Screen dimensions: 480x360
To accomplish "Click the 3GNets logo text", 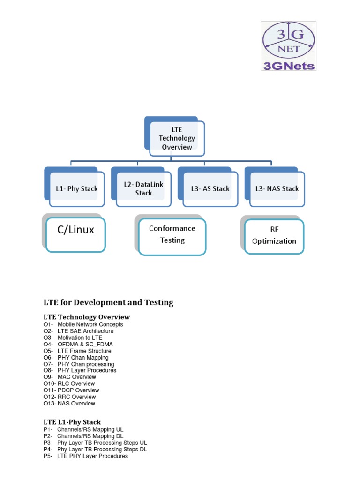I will [x=289, y=66].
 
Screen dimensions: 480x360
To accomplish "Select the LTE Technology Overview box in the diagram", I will [x=176, y=138].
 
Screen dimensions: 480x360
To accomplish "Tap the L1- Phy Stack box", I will [x=74, y=188].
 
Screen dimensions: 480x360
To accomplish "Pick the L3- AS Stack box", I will [x=210, y=188].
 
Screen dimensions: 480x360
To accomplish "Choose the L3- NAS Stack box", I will [x=277, y=188].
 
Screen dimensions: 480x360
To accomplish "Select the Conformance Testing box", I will [x=172, y=234].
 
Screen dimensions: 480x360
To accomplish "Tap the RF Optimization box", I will [x=274, y=236].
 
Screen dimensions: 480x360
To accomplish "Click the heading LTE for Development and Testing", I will [x=108, y=303].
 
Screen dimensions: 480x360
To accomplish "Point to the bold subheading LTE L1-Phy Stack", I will [x=72, y=422].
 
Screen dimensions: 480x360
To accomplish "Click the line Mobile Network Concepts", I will [x=90, y=324].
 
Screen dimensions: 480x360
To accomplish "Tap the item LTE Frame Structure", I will [x=84, y=351].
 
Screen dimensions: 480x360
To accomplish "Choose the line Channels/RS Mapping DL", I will [x=90, y=436].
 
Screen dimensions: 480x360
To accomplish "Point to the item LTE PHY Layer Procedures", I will [x=92, y=456].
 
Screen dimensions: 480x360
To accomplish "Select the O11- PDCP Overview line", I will [x=71, y=390].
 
